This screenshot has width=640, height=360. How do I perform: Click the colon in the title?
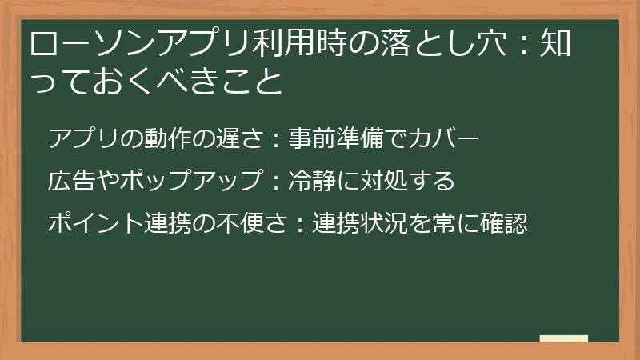point(528,44)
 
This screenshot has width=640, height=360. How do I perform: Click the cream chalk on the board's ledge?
point(563,338)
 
